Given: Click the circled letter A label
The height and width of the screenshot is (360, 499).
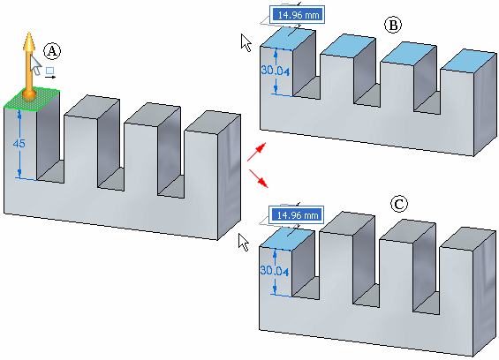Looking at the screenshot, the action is click(x=52, y=51).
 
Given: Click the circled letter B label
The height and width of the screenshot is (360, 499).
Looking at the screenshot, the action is click(x=393, y=25).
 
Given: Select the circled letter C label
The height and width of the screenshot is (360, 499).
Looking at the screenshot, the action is click(x=399, y=204).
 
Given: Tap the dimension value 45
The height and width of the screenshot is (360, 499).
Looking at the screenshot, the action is click(x=19, y=144).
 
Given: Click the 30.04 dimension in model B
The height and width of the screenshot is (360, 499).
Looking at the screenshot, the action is click(x=276, y=71).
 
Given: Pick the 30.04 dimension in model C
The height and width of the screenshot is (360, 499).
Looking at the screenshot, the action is click(x=275, y=271).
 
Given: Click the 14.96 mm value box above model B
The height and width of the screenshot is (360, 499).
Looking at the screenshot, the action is click(x=298, y=15).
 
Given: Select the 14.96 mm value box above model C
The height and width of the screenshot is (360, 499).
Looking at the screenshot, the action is click(x=296, y=215).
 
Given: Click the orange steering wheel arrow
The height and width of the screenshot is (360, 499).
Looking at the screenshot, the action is click(x=29, y=65).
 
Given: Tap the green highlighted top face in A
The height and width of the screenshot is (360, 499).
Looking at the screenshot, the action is click(x=32, y=99).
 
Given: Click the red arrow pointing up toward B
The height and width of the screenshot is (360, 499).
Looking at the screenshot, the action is click(x=256, y=152).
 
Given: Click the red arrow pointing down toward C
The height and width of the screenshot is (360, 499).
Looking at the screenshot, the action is click(x=259, y=178).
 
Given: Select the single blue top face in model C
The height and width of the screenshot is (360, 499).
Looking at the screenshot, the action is click(x=287, y=239).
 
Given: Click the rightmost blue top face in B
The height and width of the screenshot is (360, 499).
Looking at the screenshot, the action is click(x=469, y=60).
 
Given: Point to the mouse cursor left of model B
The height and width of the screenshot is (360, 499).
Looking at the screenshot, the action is click(x=246, y=42).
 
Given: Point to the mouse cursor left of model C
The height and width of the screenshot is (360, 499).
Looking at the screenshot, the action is click(x=244, y=242).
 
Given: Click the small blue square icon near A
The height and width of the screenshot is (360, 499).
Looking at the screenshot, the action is click(x=49, y=71).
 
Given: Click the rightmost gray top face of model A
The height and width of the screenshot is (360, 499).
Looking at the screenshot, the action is click(x=213, y=121).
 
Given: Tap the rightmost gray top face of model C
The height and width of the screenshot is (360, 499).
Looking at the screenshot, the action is click(x=468, y=238).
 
